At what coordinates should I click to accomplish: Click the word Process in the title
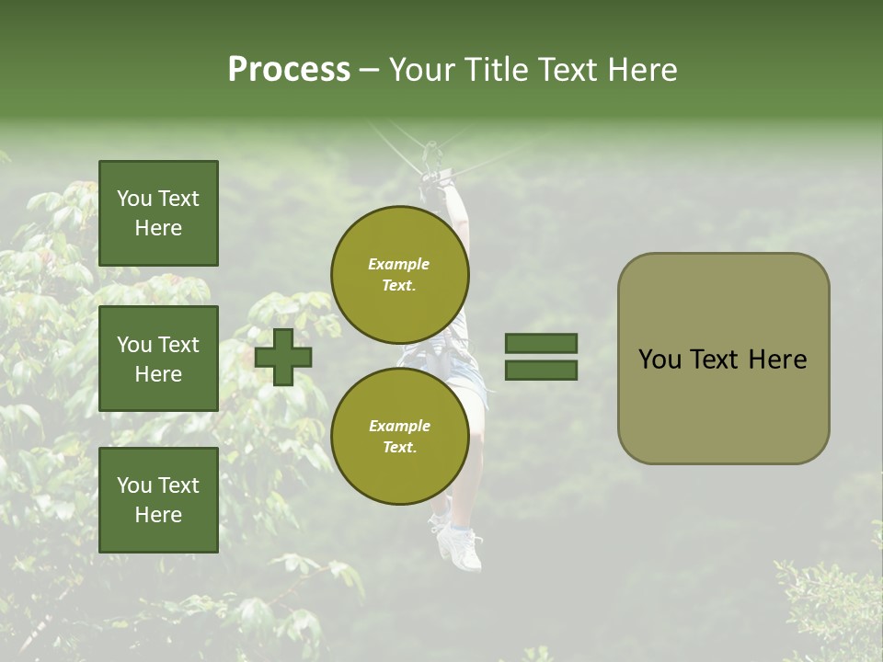289,70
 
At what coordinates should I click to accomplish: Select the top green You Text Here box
158,213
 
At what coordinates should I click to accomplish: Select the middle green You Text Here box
158,359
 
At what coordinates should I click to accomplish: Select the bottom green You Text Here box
158,500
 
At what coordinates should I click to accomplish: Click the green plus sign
283,357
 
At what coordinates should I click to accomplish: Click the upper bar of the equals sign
541,343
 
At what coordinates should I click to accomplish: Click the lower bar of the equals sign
541,370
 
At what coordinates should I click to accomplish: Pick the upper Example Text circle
400,274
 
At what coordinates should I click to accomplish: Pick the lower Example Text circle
400,437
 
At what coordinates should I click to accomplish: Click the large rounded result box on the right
723,359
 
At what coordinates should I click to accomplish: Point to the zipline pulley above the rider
430,152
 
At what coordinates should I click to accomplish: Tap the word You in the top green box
133,199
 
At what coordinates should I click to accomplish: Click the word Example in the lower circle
399,426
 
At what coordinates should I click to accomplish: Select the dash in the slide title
370,70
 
